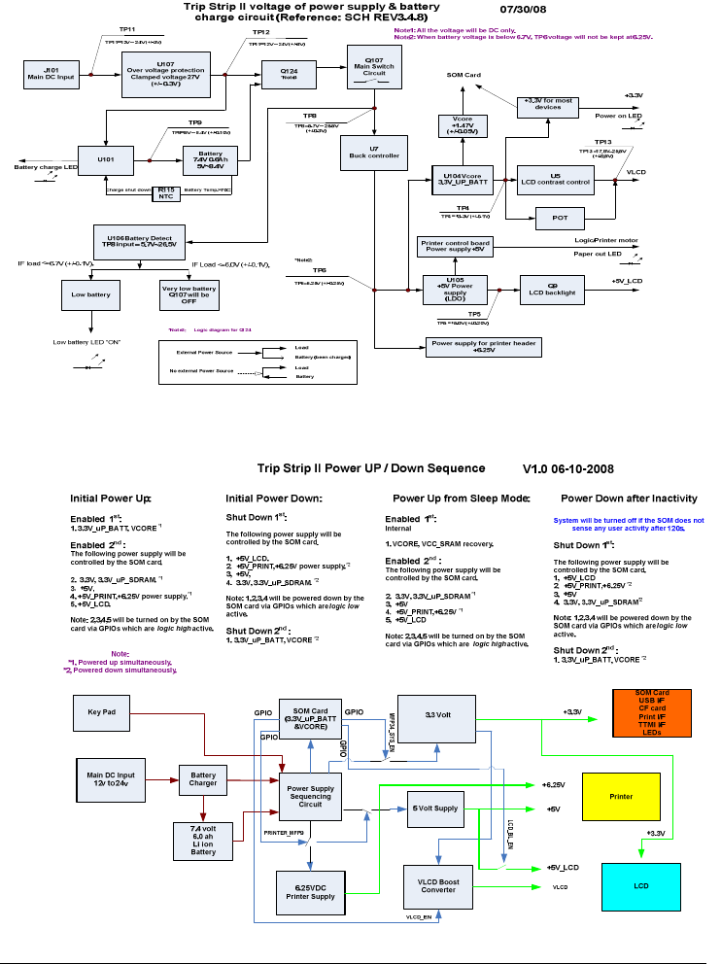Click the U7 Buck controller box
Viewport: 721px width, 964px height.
pyautogui.click(x=373, y=153)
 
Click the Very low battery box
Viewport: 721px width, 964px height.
pyautogui.click(x=189, y=293)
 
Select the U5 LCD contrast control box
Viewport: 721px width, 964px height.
pyautogui.click(x=555, y=178)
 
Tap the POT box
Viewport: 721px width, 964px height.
pyautogui.click(x=560, y=218)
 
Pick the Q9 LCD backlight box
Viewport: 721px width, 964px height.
pyautogui.click(x=552, y=289)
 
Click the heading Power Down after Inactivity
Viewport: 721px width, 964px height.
pyautogui.click(x=629, y=499)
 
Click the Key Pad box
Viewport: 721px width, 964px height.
pyautogui.click(x=101, y=712)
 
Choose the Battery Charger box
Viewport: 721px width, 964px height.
pyautogui.click(x=203, y=778)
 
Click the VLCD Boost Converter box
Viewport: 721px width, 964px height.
pyautogui.click(x=436, y=884)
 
